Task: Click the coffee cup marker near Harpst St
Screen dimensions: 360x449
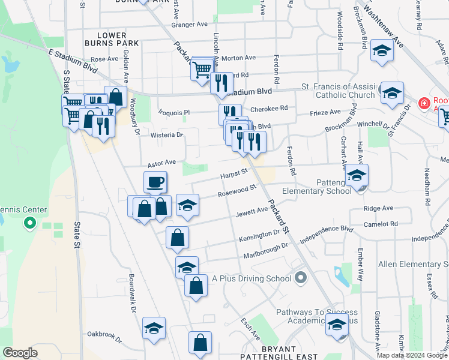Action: [155, 182]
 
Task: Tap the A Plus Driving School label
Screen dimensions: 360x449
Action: [251, 279]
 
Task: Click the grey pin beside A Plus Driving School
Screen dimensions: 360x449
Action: [301, 278]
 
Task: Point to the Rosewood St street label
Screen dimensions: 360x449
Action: [237, 190]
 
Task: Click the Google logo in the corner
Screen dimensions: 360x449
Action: [20, 353]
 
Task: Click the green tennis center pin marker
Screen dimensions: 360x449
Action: [29, 224]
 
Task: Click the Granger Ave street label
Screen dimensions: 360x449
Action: [189, 25]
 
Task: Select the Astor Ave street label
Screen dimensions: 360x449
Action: [161, 163]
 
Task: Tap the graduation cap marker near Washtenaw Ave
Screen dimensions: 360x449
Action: [381, 52]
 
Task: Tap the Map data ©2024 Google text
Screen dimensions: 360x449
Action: [412, 355]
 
